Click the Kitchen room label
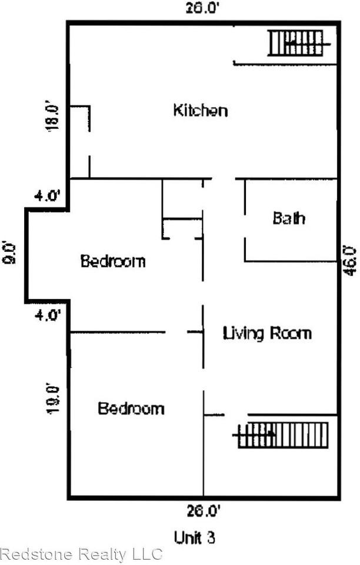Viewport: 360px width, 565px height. (x=200, y=110)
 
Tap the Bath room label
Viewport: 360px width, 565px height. (x=289, y=218)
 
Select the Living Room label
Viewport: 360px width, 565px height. (x=266, y=333)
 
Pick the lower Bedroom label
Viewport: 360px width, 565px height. (x=131, y=408)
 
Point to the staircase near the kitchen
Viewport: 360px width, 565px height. (x=298, y=43)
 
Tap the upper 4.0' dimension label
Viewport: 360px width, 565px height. (x=48, y=197)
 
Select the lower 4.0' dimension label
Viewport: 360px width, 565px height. (x=48, y=315)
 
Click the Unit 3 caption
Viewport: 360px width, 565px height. (x=195, y=537)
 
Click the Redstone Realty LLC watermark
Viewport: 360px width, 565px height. (x=81, y=554)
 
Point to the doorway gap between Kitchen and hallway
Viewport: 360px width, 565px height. (x=224, y=179)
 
